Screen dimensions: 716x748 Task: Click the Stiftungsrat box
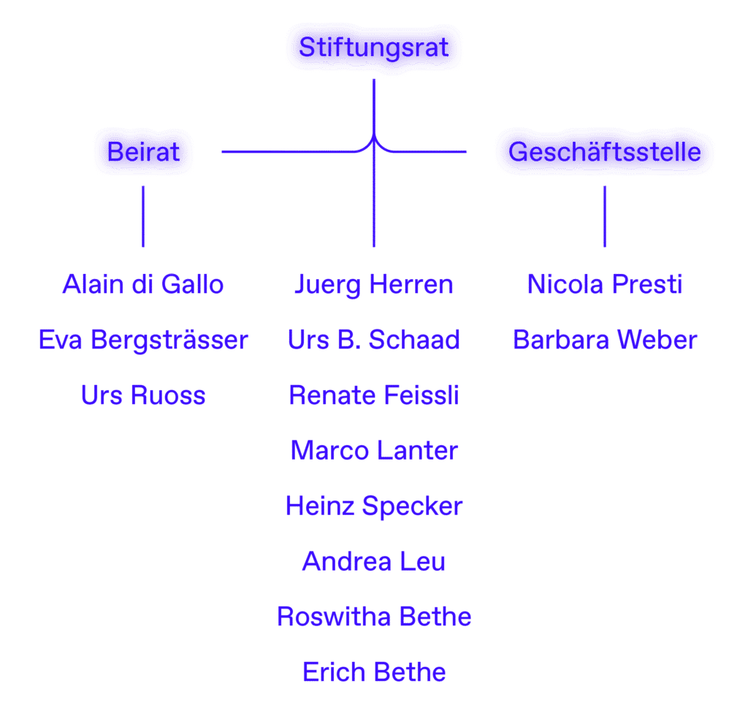point(373,48)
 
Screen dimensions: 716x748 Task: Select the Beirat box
point(143,152)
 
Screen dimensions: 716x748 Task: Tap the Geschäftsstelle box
point(604,152)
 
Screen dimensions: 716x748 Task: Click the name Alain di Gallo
point(143,284)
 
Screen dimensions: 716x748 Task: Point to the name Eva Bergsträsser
point(143,340)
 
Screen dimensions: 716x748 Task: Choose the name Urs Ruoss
point(143,395)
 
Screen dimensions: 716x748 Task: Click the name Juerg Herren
point(373,284)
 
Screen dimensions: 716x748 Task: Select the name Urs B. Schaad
point(373,340)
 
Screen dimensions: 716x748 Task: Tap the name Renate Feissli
point(373,395)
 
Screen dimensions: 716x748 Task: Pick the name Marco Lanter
point(373,451)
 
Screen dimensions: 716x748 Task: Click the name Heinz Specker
point(373,506)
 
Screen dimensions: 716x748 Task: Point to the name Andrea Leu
point(373,562)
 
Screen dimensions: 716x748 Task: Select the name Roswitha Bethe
point(373,617)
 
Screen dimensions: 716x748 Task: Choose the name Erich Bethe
point(373,672)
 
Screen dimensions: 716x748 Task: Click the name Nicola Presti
point(604,284)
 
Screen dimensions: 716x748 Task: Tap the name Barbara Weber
point(604,340)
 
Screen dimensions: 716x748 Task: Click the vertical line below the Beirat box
point(143,216)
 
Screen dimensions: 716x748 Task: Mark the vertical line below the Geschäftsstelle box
point(604,216)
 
